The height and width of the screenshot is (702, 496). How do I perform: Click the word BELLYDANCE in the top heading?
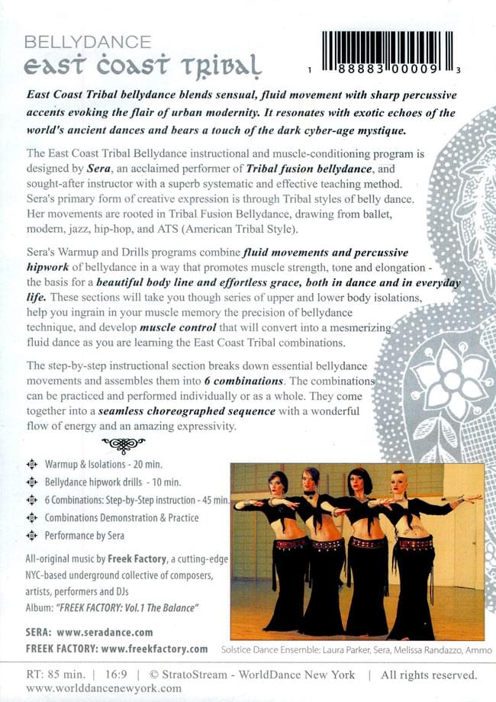coord(88,42)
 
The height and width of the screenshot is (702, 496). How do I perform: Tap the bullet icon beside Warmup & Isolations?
coord(31,464)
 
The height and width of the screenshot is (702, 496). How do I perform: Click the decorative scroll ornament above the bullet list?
coord(123,443)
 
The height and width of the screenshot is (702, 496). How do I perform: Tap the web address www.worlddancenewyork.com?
coord(104,688)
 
